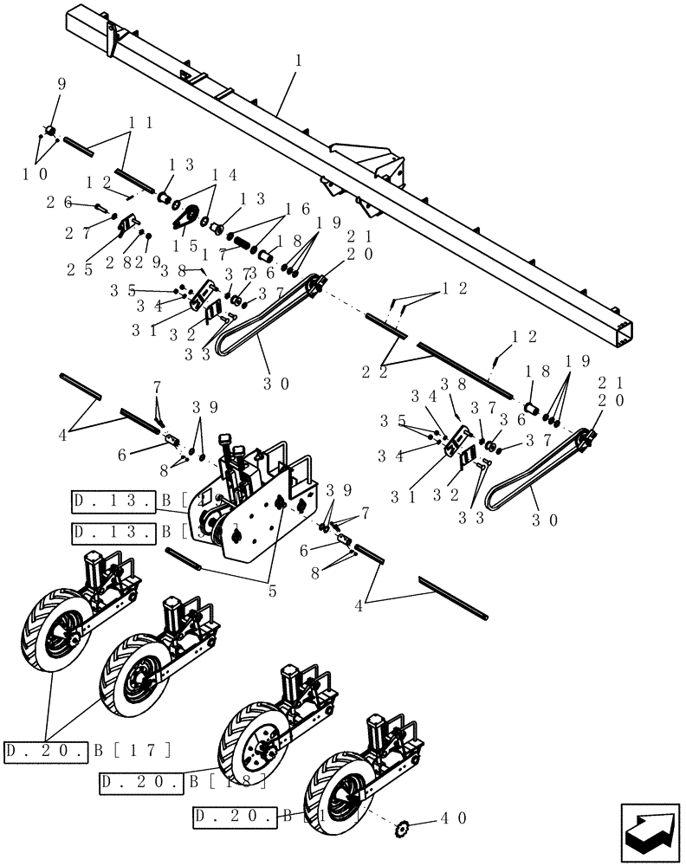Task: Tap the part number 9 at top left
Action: (x=61, y=85)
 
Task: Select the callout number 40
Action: (x=455, y=817)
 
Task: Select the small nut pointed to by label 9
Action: (x=50, y=132)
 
